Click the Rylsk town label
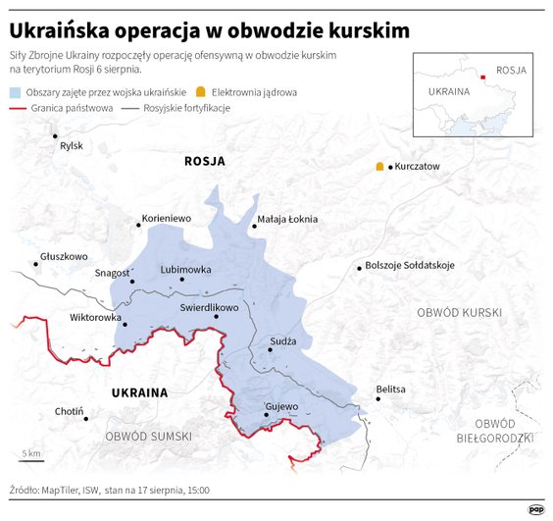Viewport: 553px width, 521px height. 72,146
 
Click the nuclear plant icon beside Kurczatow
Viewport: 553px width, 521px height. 379,167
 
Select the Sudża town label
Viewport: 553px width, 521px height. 282,342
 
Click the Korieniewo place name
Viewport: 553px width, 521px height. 167,218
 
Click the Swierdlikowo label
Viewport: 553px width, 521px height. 209,307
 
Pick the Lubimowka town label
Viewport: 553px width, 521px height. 185,269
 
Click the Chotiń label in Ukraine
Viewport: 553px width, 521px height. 70,411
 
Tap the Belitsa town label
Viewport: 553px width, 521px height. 390,390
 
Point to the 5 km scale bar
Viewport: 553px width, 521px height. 32,459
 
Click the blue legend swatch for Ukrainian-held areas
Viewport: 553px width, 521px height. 16,91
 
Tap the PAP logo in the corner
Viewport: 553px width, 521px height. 535,508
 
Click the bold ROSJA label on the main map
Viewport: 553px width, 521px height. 204,161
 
